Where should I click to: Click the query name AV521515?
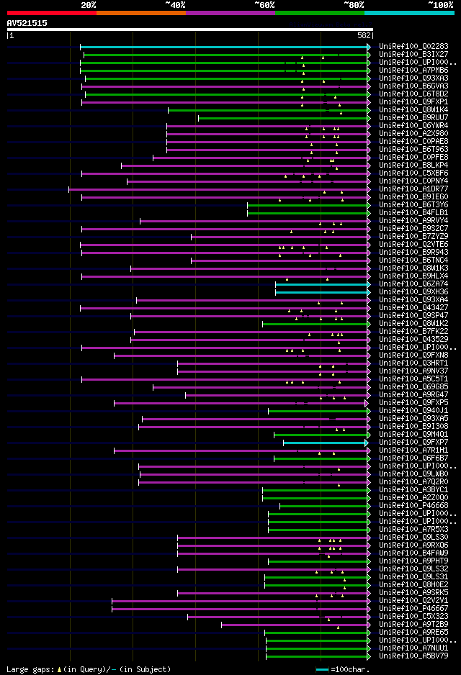pos(27,23)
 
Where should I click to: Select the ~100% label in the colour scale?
pos(440,4)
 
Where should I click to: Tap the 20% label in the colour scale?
pos(89,4)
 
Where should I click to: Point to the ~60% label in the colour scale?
pos(264,4)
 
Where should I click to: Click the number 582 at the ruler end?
pos(364,35)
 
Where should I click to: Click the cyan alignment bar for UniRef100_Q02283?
pos(224,47)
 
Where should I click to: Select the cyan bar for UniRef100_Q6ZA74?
pos(321,284)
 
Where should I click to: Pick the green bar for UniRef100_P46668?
pos(323,506)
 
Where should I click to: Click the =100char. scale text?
pos(349,669)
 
